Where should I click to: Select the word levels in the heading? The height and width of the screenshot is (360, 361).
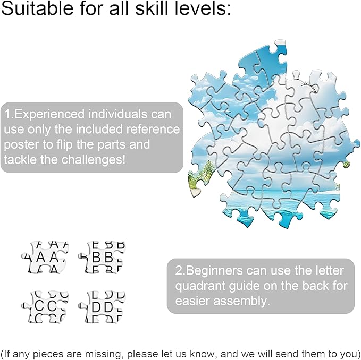[202, 8]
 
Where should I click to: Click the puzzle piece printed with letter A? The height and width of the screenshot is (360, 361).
[45, 257]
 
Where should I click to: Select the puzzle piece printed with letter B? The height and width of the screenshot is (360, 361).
[102, 257]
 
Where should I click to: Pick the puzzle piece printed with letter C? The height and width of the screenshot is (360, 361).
[45, 307]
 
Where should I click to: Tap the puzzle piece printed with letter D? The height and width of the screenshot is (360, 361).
[102, 307]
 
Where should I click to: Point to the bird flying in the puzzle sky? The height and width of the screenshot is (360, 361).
[308, 85]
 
